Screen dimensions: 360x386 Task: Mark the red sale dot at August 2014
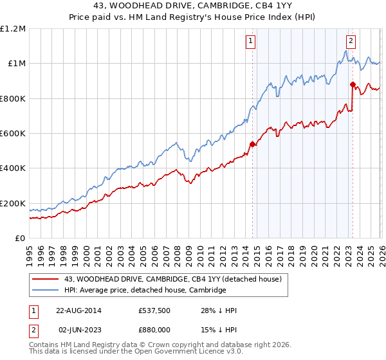[x=252, y=145]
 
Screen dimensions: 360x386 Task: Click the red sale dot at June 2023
[x=353, y=84]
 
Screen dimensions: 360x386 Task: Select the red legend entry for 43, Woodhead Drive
[x=172, y=279]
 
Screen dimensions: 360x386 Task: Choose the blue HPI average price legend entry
[x=145, y=290]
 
